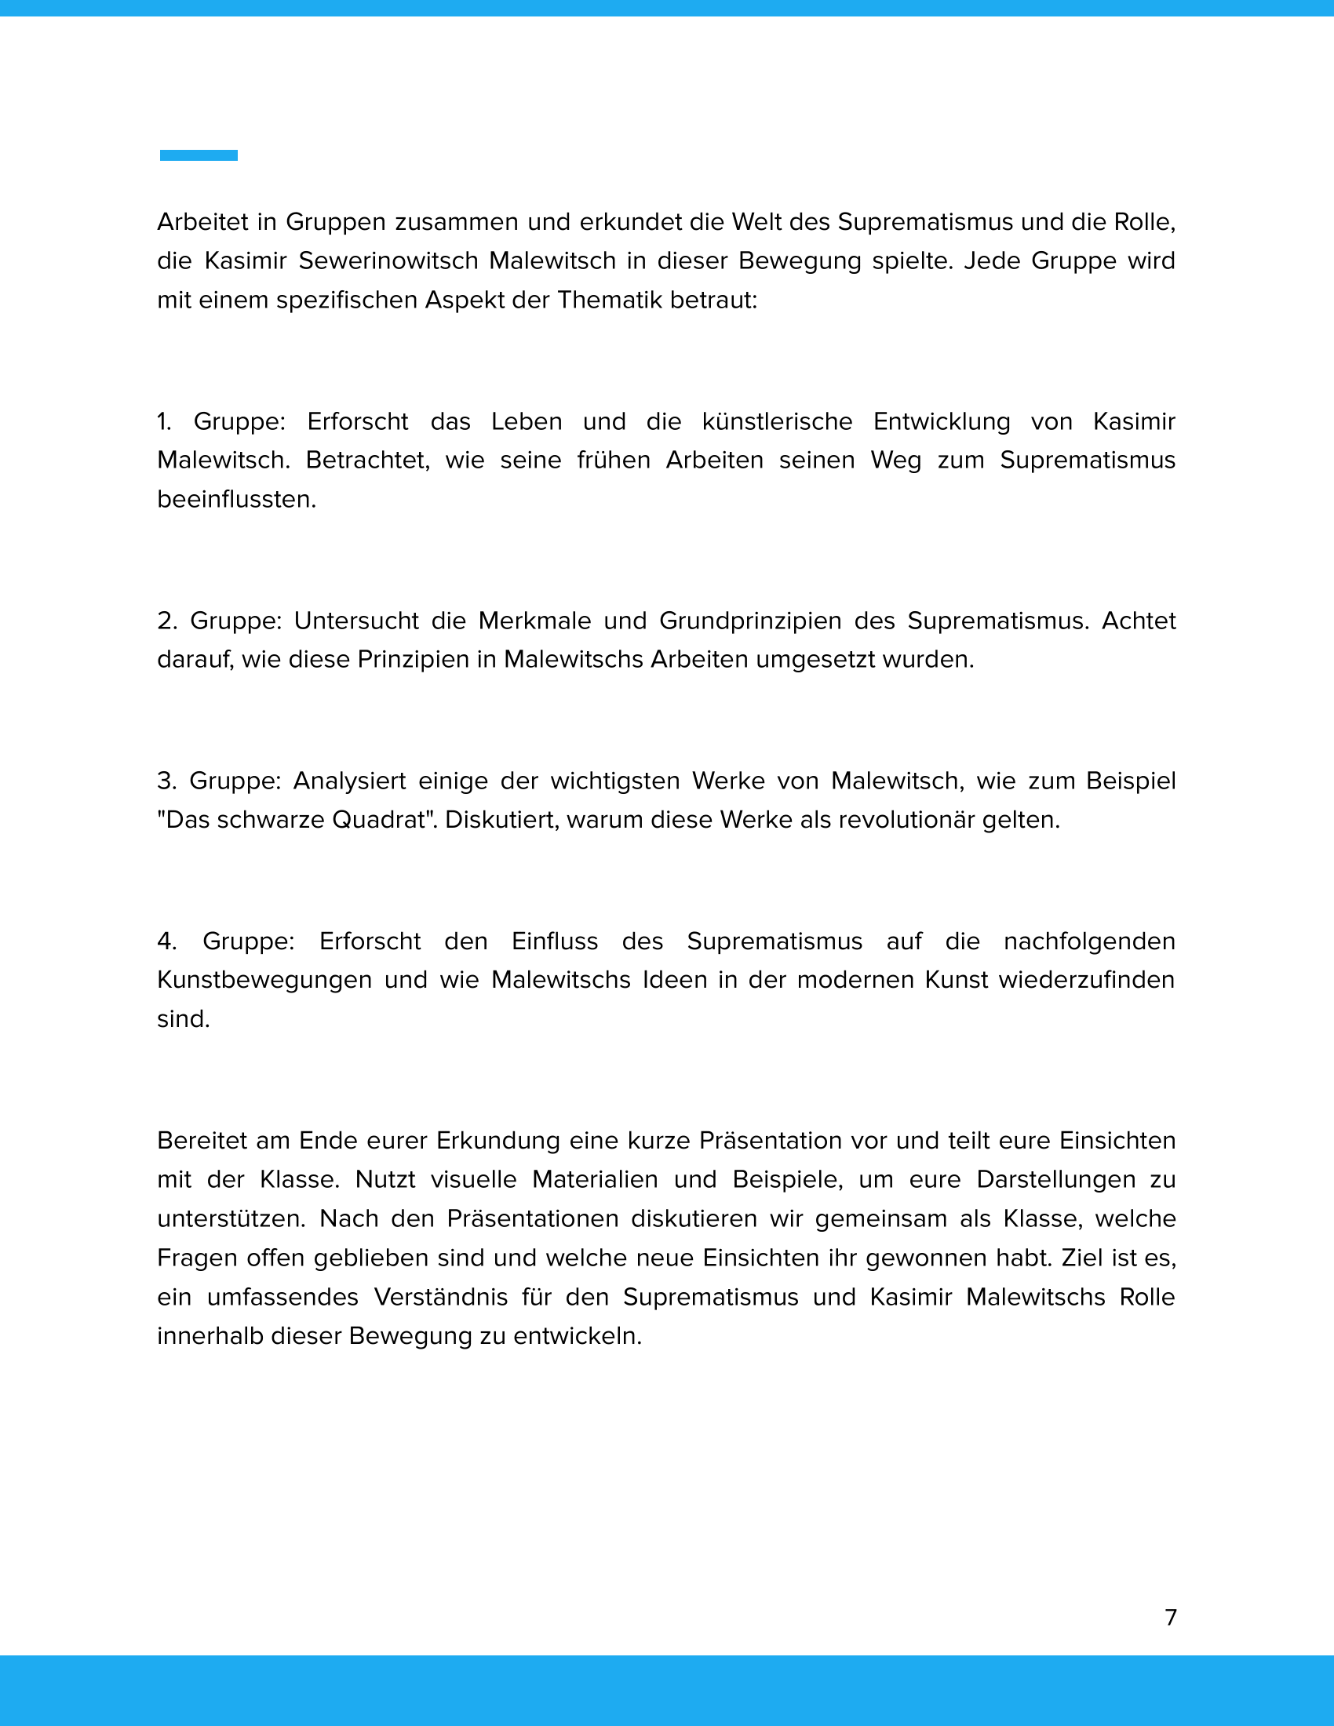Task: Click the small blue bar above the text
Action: [199, 155]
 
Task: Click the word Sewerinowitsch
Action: [377, 260]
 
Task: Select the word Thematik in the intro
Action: [609, 300]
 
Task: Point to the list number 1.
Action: [163, 421]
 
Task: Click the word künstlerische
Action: [777, 421]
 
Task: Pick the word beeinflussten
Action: [236, 500]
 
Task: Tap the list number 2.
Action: [166, 621]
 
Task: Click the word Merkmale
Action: [535, 621]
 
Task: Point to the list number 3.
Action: [166, 781]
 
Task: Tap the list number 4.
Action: [166, 941]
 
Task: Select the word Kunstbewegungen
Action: [264, 980]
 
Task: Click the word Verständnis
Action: [441, 1297]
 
